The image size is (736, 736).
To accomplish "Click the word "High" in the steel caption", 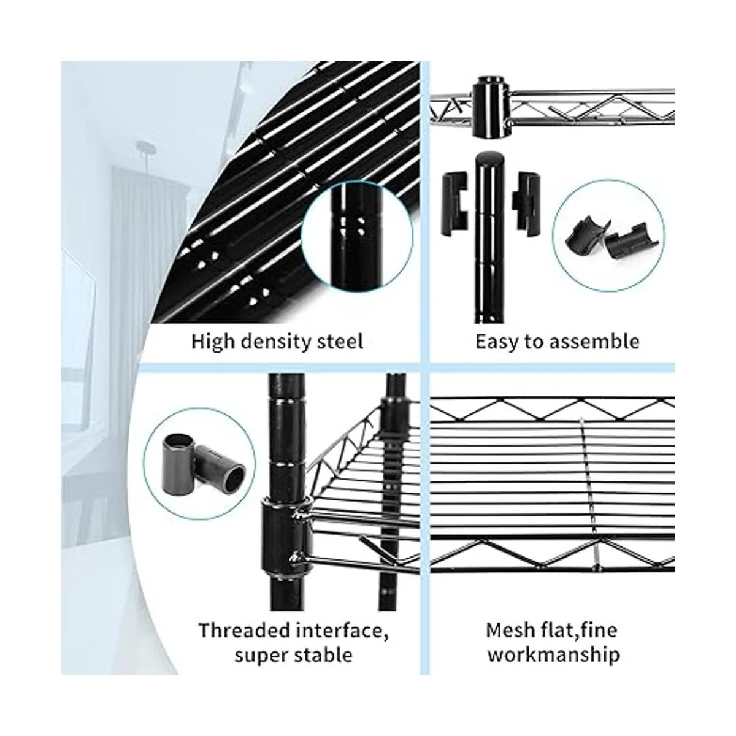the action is pyautogui.click(x=212, y=341).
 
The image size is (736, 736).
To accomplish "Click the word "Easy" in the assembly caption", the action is pyautogui.click(x=496, y=342).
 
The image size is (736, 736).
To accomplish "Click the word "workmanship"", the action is pyautogui.click(x=554, y=656).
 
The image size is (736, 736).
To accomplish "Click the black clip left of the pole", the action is pyautogui.click(x=455, y=202).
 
